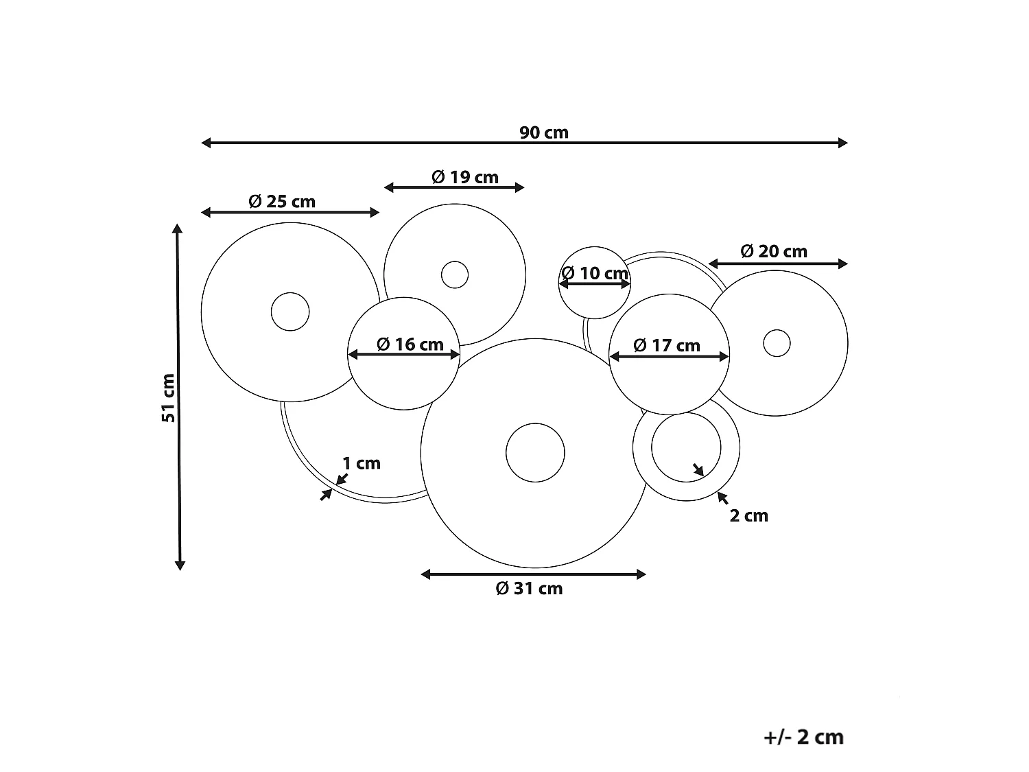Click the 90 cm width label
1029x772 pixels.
pos(543,132)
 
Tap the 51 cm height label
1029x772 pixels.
pos(168,398)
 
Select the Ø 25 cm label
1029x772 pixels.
pos(282,202)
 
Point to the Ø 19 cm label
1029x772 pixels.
pos(465,177)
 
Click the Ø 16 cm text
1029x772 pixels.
pos(410,344)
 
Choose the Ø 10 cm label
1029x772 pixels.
pos(595,273)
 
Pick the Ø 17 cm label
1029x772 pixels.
pos(667,345)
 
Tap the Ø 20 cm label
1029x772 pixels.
pos(774,251)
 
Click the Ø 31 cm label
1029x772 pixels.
pos(530,588)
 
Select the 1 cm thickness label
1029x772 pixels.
pos(362,463)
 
